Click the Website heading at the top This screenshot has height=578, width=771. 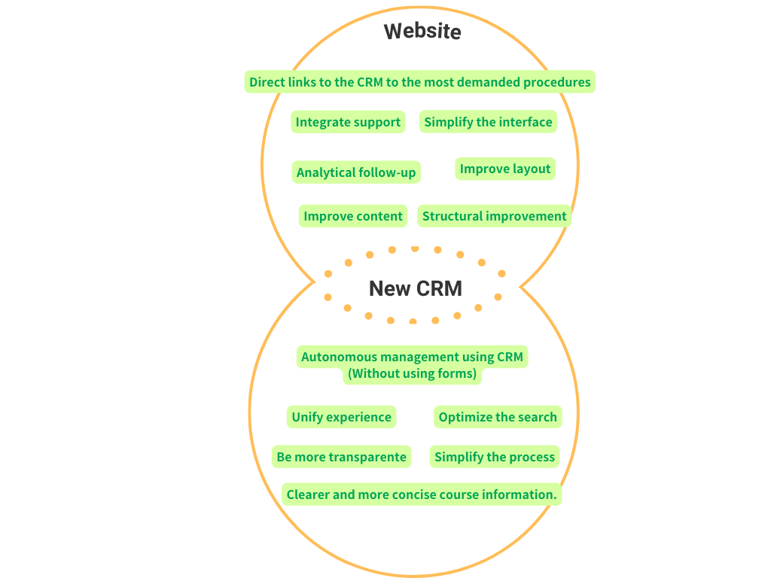(x=422, y=31)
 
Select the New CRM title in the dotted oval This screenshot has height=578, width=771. (x=415, y=288)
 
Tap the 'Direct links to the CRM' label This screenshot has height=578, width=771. (x=419, y=82)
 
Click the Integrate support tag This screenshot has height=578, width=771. (x=348, y=122)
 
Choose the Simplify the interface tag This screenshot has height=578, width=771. (x=488, y=122)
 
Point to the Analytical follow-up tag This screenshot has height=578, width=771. (x=356, y=172)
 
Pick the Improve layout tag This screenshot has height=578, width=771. (x=505, y=169)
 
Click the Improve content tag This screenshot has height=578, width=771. (x=353, y=216)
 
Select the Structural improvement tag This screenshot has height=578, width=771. (x=494, y=216)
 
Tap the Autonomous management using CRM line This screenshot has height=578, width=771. (x=412, y=357)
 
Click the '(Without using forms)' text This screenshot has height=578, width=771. (x=412, y=373)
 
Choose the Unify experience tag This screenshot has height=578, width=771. (x=342, y=417)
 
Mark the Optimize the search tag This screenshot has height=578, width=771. (x=498, y=417)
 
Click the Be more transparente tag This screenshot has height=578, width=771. (x=342, y=456)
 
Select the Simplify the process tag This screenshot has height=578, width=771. (x=495, y=456)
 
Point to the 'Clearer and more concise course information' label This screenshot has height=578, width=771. (x=422, y=494)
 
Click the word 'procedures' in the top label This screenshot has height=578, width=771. (x=556, y=82)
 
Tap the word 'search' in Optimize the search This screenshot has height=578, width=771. (x=535, y=417)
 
